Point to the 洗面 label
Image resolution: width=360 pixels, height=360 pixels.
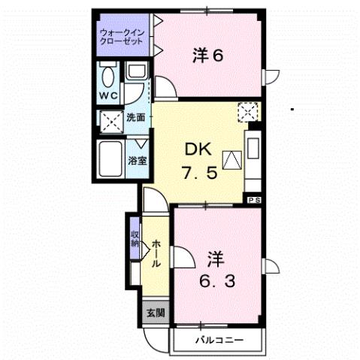click(x=135, y=118)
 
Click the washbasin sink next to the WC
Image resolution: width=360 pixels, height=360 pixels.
click(x=135, y=72)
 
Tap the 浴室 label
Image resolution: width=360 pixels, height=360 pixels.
click(x=136, y=160)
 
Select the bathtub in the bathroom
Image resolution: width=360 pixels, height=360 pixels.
click(x=113, y=158)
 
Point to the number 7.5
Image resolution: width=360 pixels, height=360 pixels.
click(x=199, y=171)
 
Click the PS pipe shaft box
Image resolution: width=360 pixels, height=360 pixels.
click(x=254, y=199)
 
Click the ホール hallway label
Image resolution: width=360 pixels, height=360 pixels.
click(x=155, y=253)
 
